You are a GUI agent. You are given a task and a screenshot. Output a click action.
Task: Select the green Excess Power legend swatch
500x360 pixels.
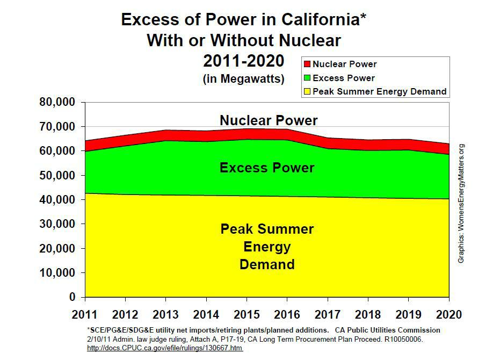pos(308,78)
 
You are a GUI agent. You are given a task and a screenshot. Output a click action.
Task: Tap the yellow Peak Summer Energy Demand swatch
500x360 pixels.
pos(308,92)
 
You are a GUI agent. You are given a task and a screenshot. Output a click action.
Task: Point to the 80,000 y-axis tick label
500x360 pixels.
pos(58,102)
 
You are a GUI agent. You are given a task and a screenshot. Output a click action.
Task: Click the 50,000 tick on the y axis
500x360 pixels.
pos(58,176)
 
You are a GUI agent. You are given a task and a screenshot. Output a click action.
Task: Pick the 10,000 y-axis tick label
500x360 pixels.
pos(58,273)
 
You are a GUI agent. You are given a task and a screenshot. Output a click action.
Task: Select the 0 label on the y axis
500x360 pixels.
pos(73,297)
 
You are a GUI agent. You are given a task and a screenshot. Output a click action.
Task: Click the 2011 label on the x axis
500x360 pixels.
pos(85,314)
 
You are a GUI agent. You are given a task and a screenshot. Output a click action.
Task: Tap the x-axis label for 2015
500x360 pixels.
pos(247,314)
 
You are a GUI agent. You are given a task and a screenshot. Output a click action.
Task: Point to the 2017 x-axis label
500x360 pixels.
pos(327,314)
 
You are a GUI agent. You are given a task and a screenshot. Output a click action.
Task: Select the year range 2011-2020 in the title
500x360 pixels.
pos(244,60)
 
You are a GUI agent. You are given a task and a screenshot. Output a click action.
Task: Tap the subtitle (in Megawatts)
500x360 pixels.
pos(244,78)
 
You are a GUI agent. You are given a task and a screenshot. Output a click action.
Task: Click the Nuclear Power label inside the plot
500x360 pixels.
pos(269,120)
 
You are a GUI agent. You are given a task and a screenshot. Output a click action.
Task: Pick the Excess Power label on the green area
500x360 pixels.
pos(267,168)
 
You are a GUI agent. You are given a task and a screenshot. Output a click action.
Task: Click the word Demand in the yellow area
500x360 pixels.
pos(267,264)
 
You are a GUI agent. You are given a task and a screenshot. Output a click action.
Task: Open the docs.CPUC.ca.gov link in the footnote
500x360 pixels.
pos(165,348)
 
